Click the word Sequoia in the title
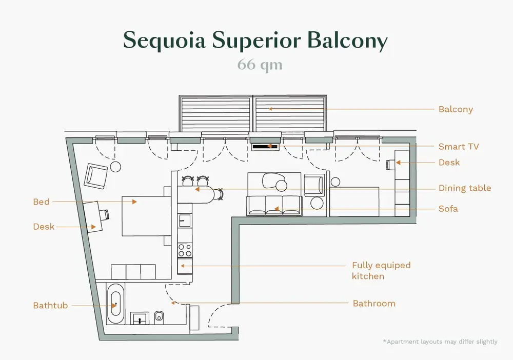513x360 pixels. click(164, 41)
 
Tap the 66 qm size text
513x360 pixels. click(260, 65)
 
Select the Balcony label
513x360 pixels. click(456, 110)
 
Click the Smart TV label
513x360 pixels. click(459, 147)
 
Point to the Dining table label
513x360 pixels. click(465, 188)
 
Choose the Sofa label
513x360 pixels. click(448, 209)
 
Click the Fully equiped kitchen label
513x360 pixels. click(381, 271)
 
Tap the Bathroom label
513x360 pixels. click(374, 304)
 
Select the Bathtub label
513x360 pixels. click(50, 306)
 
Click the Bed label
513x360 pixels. click(41, 202)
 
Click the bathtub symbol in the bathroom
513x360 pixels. click(115, 304)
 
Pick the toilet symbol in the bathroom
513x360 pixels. click(159, 316)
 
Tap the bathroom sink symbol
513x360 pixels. click(140, 318)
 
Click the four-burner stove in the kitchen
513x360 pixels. click(185, 250)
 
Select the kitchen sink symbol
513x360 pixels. click(185, 220)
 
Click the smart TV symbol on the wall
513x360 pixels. click(265, 147)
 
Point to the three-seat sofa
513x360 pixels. click(274, 206)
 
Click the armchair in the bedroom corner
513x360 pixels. click(96, 176)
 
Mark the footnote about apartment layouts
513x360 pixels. click(440, 342)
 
